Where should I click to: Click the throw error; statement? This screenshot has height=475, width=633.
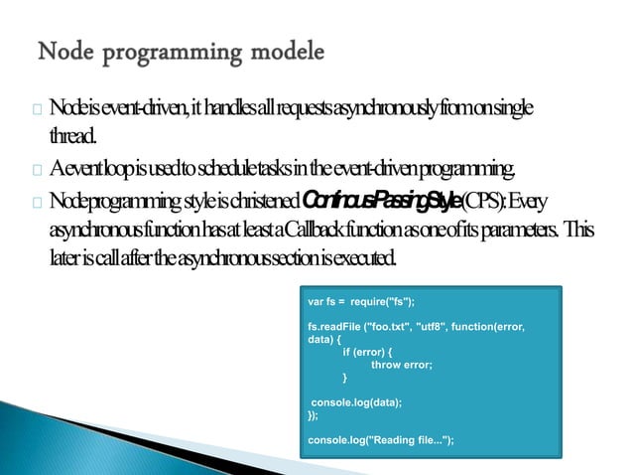(400, 364)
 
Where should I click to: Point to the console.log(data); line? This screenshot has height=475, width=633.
(356, 402)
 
